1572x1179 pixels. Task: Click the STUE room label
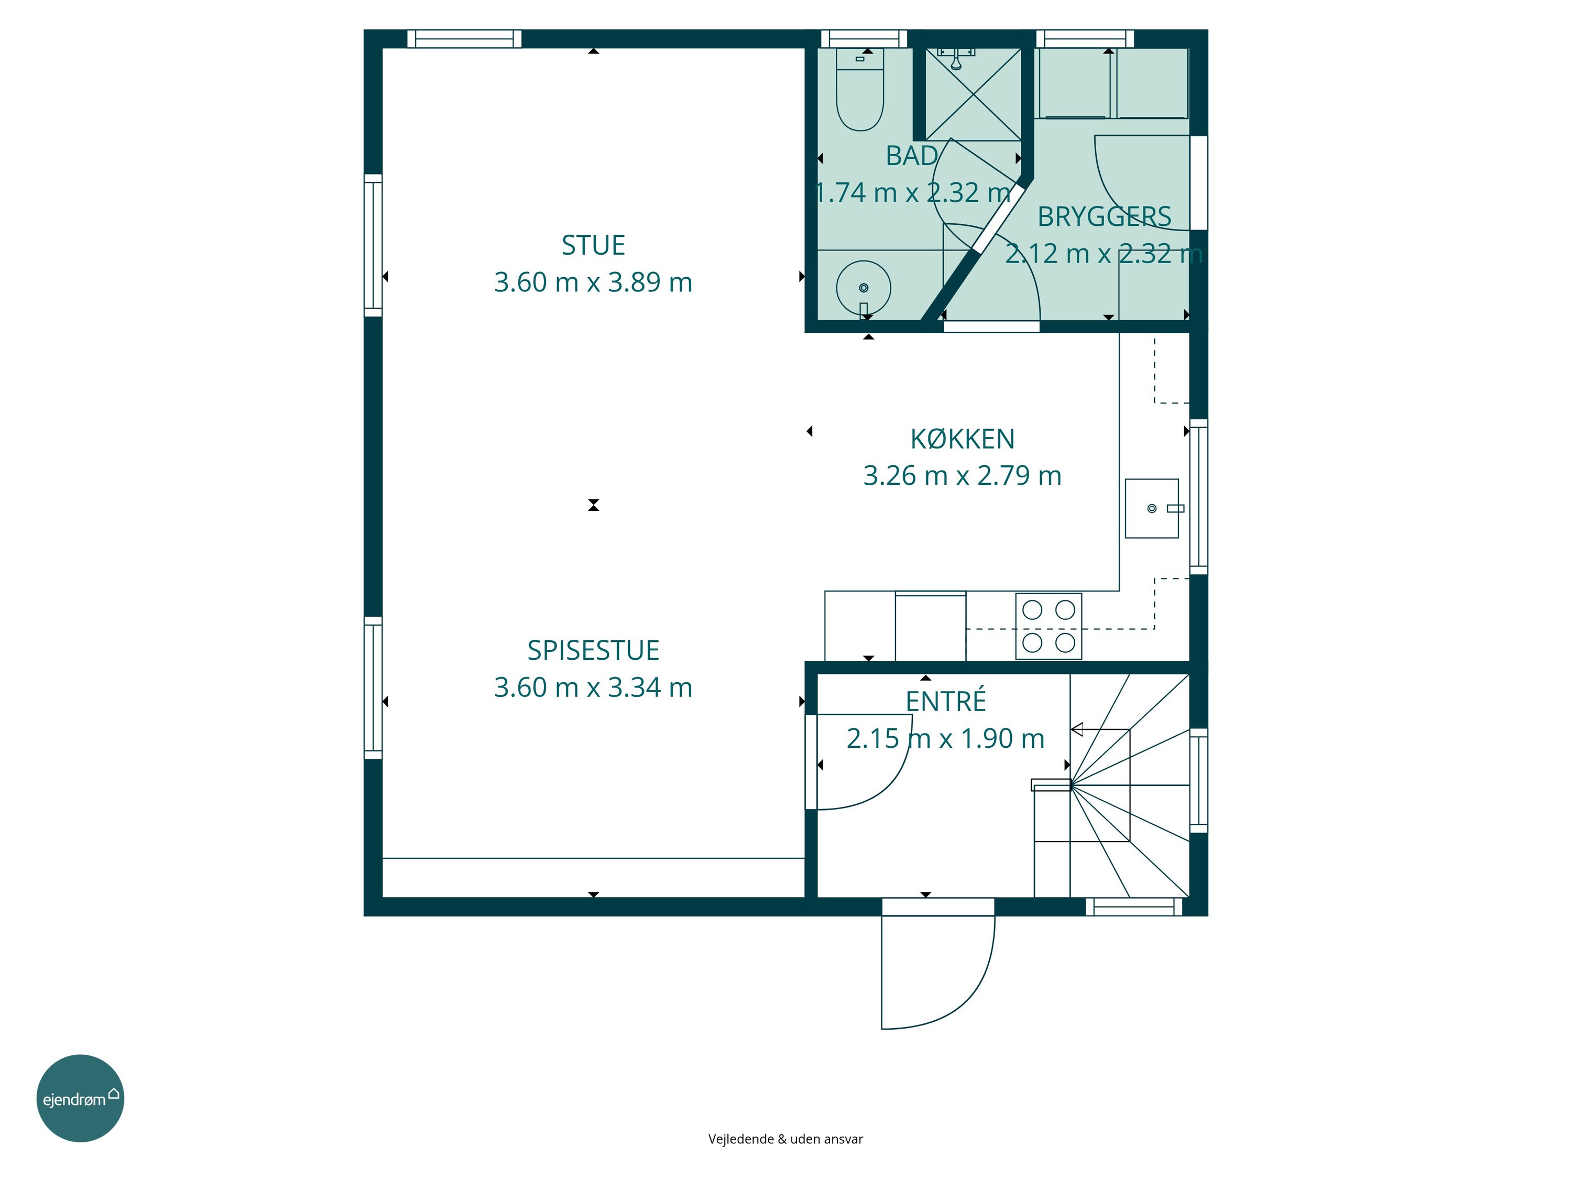(593, 245)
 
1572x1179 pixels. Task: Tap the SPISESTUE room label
(593, 650)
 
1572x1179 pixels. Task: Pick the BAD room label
(912, 156)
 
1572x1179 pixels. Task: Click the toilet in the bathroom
(860, 90)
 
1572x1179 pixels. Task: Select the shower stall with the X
(974, 94)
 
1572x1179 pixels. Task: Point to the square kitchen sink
(1152, 508)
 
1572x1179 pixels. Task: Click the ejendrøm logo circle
(80, 1098)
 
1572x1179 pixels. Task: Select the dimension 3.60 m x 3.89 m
(593, 282)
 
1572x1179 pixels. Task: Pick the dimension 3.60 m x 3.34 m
(593, 687)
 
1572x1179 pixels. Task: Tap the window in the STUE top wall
(464, 38)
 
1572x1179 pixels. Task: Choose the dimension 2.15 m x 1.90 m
(946, 738)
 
